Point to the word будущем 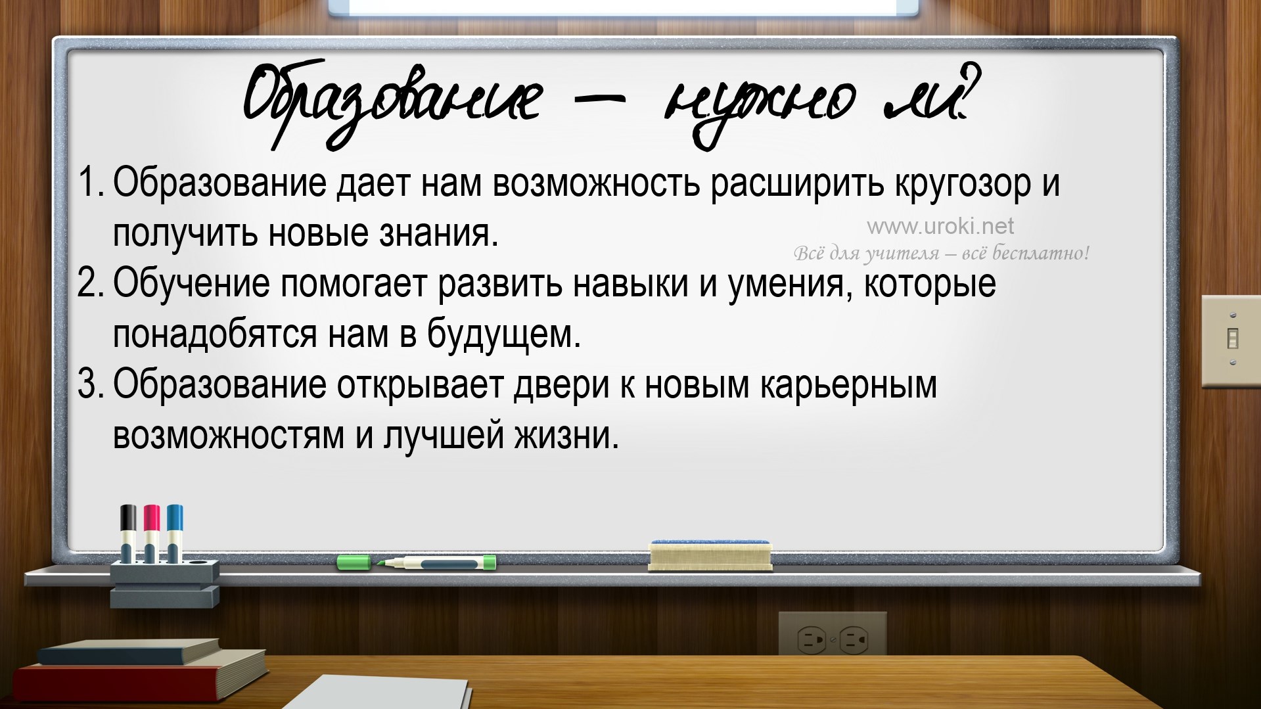504,334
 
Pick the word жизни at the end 566,436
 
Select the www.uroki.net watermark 940,227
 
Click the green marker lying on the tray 417,562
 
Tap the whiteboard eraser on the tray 710,555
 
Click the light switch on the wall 1231,340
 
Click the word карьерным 848,386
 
